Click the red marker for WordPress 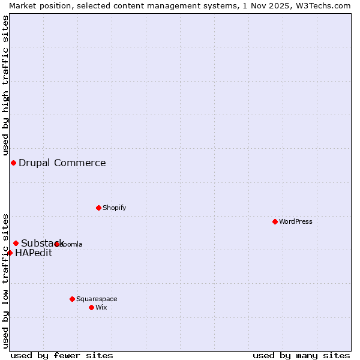tap(275, 221)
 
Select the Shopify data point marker tap(98, 208)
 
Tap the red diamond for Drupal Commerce tap(13, 163)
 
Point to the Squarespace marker tap(72, 299)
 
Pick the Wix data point tap(91, 307)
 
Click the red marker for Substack tap(16, 243)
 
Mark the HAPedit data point tap(10, 253)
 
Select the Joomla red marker tap(57, 244)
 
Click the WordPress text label tap(296, 221)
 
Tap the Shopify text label tap(114, 208)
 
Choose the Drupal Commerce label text tap(62, 163)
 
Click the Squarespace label tap(97, 299)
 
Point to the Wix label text tap(101, 307)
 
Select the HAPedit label tap(34, 253)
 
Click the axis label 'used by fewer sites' tap(62, 355)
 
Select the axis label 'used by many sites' tap(301, 355)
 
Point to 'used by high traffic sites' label tap(5, 85)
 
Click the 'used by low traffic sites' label tap(5, 281)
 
